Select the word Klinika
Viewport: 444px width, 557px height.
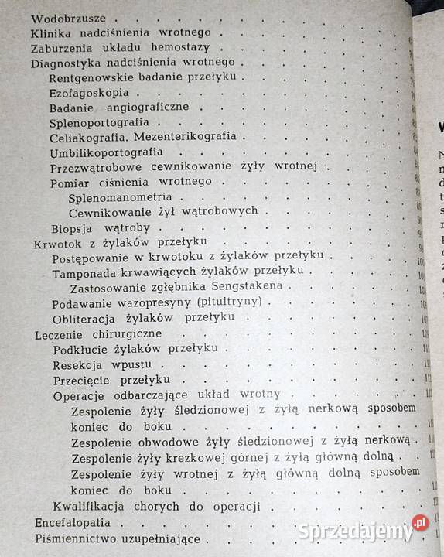point(53,33)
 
